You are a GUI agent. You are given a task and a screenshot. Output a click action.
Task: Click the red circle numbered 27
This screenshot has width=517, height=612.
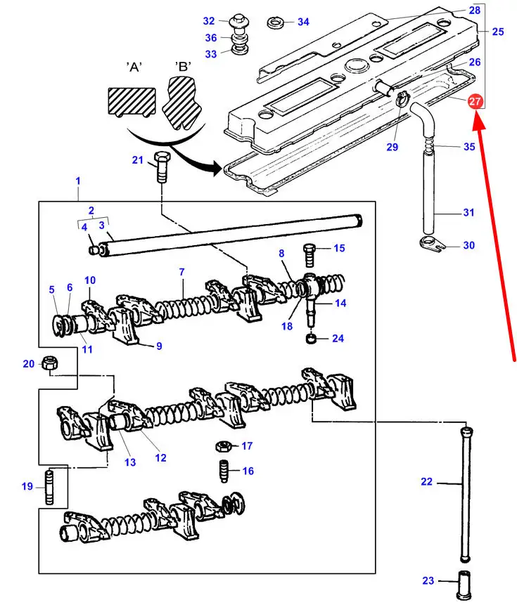point(475,102)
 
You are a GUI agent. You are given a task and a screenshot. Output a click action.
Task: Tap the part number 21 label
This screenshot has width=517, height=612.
point(137,160)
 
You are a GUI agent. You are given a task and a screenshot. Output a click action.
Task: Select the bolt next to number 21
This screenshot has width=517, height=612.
point(161,167)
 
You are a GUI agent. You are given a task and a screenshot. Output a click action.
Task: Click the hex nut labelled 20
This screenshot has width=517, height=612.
point(51,363)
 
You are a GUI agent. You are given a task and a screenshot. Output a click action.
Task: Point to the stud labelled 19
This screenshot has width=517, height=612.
point(51,486)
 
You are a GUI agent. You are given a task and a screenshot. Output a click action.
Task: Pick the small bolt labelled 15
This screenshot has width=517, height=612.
point(309,250)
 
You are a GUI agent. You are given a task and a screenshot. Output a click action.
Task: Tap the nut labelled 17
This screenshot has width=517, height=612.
point(222,445)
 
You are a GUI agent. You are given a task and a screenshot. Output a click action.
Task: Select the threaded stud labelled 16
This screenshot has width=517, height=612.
point(223,470)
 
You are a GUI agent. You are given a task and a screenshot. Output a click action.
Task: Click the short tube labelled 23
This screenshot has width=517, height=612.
point(464,582)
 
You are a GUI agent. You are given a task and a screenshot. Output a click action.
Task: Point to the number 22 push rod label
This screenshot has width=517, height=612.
point(426,482)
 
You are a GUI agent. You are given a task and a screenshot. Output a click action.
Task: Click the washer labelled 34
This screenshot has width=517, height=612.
point(275,22)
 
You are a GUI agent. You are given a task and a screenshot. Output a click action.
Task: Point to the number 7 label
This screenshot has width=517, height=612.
point(181,271)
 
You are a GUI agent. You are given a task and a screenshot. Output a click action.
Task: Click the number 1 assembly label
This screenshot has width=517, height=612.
point(77,181)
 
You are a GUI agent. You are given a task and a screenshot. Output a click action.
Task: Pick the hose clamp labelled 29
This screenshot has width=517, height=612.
point(402,100)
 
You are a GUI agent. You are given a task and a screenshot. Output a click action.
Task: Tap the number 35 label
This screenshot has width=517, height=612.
point(469,147)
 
